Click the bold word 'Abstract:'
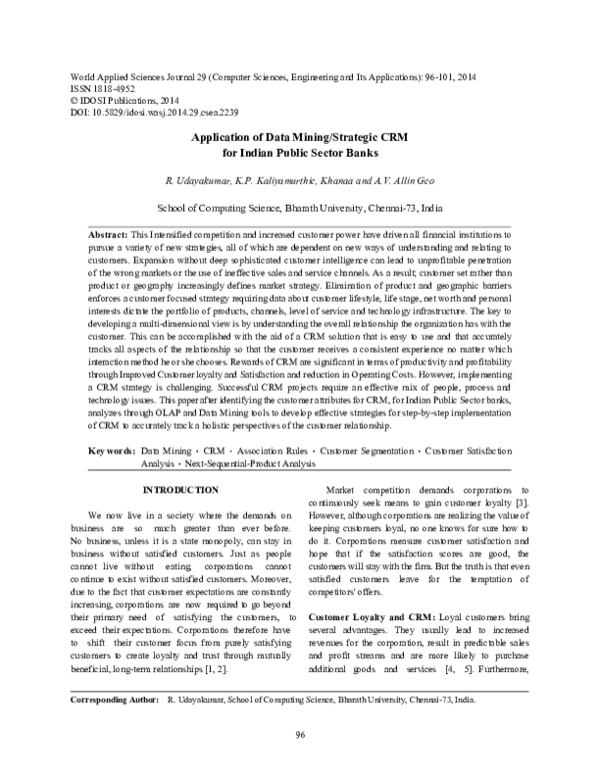tap(109, 232)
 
